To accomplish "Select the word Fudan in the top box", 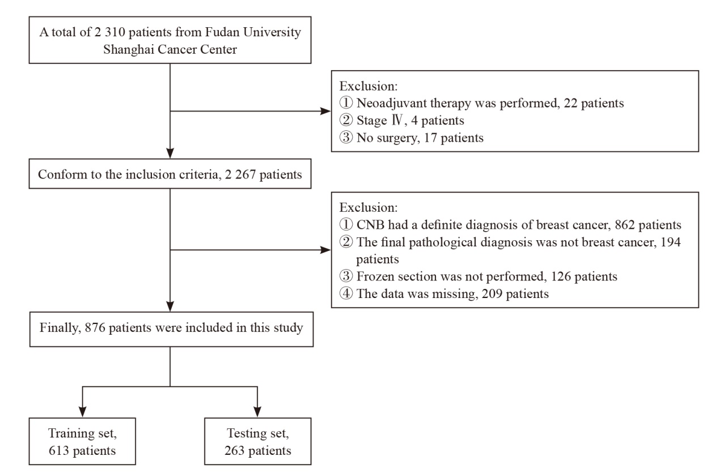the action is (x=222, y=32).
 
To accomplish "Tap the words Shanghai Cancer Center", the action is (x=170, y=49).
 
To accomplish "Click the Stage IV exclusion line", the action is (x=402, y=121).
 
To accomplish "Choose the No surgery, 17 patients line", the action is (x=412, y=138).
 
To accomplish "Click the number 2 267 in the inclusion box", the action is (x=240, y=174).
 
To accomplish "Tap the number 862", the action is (x=625, y=225).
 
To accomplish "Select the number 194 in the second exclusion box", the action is (x=671, y=242).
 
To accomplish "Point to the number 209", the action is (x=492, y=294).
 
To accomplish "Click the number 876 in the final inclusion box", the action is (x=95, y=328).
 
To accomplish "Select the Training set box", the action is (x=82, y=441).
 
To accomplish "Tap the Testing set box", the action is (x=258, y=441).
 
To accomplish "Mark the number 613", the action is (x=59, y=450).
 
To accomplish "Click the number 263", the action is (x=235, y=450).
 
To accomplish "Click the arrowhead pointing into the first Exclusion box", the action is (x=326, y=112).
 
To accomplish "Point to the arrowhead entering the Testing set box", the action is (x=257, y=412).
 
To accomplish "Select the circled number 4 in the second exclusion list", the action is (x=346, y=293).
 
